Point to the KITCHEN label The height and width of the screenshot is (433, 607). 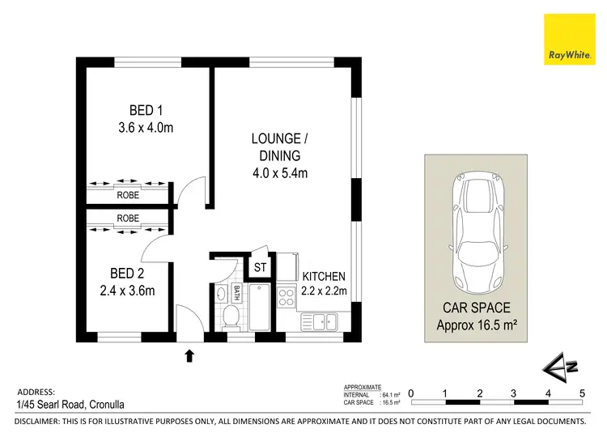[x=324, y=277]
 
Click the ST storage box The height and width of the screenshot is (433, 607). [x=261, y=267]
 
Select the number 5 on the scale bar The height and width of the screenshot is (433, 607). [x=582, y=393]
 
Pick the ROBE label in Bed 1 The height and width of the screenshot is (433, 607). [x=128, y=195]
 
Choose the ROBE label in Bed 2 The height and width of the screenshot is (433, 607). [x=128, y=218]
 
